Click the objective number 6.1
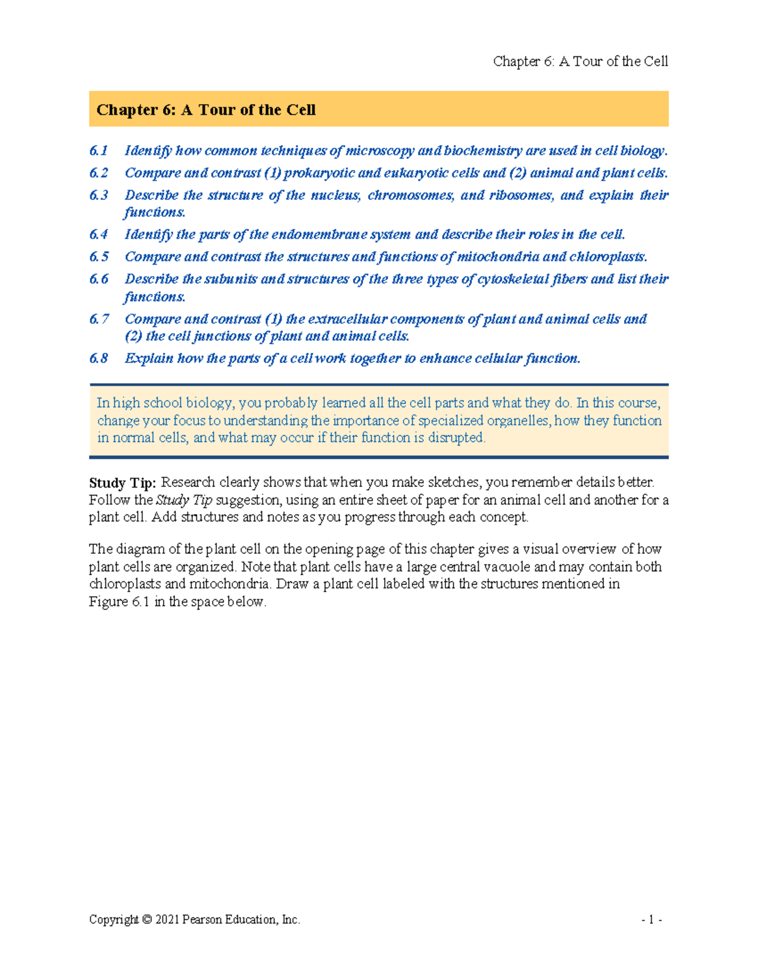point(99,150)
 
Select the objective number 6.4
point(99,234)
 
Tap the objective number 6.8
point(99,358)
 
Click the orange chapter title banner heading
point(206,110)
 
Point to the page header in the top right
point(580,61)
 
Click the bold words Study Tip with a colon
point(122,483)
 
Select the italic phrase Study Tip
point(183,500)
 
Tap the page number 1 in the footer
point(651,920)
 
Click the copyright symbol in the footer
point(147,920)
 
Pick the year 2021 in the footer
point(167,920)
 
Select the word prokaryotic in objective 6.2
point(319,172)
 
